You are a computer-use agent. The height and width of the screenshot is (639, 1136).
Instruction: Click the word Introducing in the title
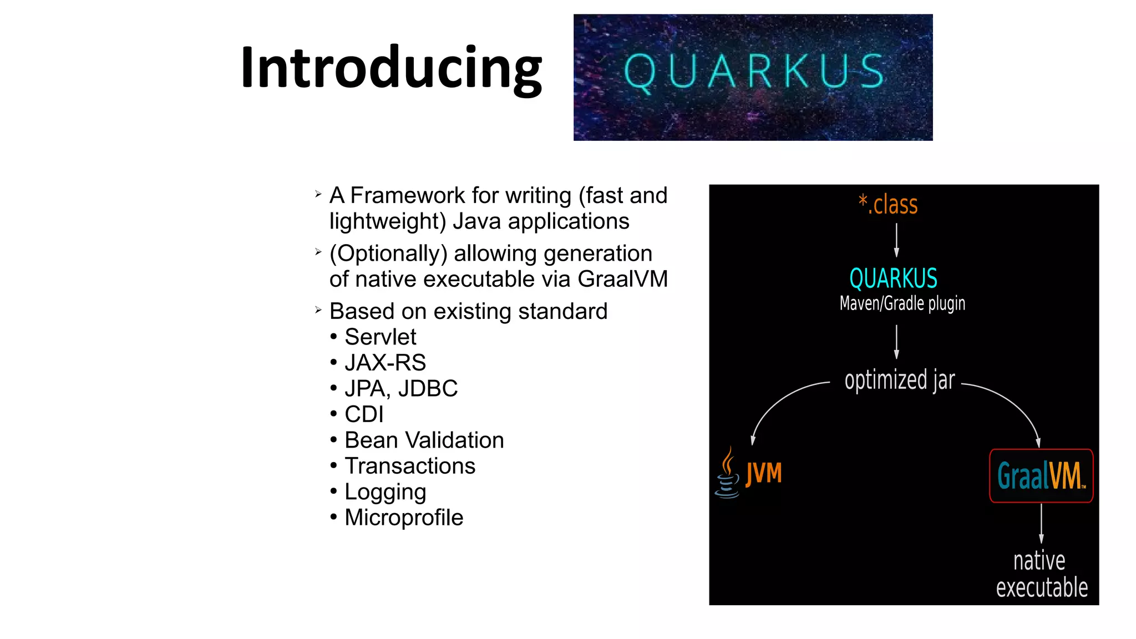[391, 68]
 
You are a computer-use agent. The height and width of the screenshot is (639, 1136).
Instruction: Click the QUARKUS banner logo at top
[753, 77]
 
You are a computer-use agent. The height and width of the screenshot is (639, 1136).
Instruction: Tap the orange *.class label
[888, 205]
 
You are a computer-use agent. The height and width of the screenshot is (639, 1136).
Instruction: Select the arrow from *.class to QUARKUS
[896, 240]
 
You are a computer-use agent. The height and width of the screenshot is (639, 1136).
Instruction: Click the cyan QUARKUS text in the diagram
[893, 278]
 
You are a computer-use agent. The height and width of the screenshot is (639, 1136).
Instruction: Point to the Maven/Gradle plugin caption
[902, 303]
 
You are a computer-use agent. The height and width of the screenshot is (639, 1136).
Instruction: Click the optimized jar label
[900, 381]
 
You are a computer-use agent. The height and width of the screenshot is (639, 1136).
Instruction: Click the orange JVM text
[764, 474]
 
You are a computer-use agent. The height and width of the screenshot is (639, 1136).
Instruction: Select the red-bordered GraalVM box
[1041, 476]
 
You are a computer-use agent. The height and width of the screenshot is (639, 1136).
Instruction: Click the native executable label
[1041, 574]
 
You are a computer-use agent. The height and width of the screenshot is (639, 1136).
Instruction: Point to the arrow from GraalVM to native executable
[1041, 524]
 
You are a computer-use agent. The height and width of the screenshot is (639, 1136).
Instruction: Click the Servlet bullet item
[380, 337]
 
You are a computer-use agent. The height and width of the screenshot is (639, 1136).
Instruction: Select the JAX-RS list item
[385, 363]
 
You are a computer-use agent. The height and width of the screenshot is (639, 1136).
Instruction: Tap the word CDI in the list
[364, 414]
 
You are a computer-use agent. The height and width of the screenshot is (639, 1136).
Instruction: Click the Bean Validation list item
[424, 440]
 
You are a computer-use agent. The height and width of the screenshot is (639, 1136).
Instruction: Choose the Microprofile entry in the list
[403, 518]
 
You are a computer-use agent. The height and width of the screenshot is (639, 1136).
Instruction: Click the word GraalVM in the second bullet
[622, 279]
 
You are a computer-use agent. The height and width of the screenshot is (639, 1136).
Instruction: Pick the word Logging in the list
[385, 492]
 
